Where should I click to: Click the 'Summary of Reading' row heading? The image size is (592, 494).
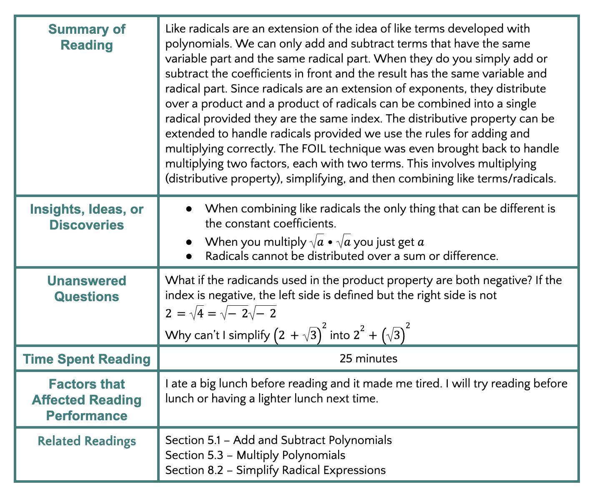click(87, 37)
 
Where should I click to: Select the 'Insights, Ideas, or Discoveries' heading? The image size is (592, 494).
click(87, 217)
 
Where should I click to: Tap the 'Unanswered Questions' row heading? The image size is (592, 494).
click(87, 289)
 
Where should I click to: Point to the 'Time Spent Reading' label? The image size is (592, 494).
click(87, 359)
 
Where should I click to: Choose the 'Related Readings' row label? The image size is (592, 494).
click(87, 441)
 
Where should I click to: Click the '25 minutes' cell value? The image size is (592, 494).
click(368, 358)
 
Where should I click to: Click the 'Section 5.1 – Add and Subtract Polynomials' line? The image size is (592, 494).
click(278, 440)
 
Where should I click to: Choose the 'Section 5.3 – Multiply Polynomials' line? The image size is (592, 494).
click(255, 455)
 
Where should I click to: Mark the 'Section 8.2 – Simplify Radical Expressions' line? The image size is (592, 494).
click(275, 470)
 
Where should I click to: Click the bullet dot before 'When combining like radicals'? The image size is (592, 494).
click(189, 209)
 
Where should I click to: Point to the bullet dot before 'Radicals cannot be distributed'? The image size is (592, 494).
click(189, 256)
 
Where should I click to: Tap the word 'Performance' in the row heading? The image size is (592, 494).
click(87, 415)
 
